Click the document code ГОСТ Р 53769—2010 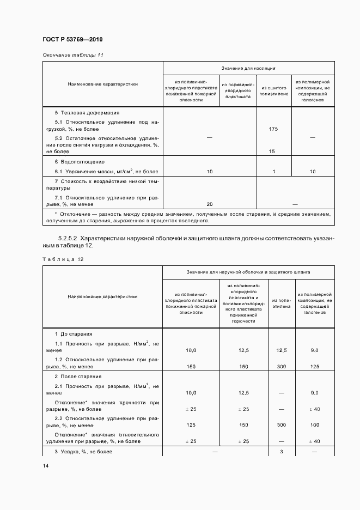72,40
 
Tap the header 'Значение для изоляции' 248,69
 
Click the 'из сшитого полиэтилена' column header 273,92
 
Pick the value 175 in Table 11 273,129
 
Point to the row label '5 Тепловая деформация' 83,112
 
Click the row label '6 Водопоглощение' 79,162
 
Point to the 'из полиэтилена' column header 281,303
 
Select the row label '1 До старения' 74,333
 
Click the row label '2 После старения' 78,377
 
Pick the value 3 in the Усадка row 281,452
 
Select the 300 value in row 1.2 281,367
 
